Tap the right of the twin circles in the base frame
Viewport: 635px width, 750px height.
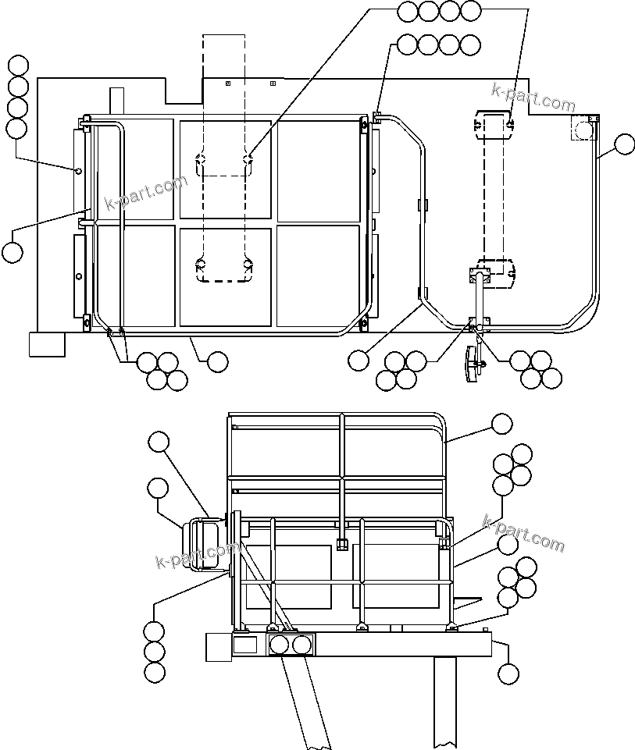point(302,645)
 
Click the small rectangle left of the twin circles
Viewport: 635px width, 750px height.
point(245,645)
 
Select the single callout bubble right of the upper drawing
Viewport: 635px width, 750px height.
point(625,144)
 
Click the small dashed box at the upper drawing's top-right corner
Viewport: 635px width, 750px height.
point(584,127)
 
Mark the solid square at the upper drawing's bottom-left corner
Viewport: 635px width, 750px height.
point(47,344)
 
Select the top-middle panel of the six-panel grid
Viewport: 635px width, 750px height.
point(226,169)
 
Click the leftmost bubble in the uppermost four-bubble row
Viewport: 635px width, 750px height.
point(408,10)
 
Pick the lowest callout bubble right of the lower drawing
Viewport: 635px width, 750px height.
point(509,673)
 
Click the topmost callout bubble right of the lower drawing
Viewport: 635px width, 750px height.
point(501,424)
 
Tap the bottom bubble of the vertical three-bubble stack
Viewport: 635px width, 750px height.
point(155,672)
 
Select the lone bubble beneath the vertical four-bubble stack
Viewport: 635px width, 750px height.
point(12,252)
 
